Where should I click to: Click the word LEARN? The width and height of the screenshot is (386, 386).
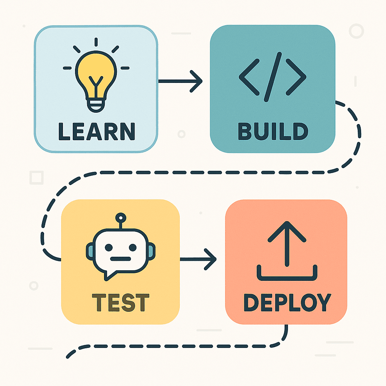(97, 132)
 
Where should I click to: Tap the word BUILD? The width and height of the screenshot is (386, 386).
(273, 131)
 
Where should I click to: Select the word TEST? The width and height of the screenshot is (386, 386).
(121, 303)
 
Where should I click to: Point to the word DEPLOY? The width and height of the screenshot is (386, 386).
(287, 302)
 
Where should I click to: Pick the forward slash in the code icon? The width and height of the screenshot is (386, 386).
(273, 77)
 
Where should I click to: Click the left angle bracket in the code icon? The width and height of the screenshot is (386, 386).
(249, 77)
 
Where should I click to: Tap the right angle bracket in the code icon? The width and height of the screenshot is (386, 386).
(296, 77)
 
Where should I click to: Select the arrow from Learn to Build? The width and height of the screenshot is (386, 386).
(180, 81)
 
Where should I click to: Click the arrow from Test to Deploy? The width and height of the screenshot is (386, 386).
(198, 259)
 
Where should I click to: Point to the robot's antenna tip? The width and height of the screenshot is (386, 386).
(121, 218)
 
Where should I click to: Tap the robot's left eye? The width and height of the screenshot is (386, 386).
(109, 247)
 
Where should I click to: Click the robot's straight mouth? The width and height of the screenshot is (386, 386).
(121, 259)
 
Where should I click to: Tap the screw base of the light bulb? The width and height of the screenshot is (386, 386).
(96, 105)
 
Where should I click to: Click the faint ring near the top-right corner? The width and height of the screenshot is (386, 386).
(356, 31)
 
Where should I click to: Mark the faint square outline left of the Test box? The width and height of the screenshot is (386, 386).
(37, 178)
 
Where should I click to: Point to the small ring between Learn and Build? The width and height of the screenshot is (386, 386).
(181, 134)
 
